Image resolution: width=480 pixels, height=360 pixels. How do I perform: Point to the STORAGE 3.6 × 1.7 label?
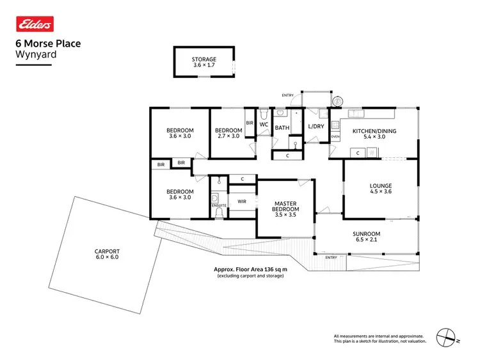204,62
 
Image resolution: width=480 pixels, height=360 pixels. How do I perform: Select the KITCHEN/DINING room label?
371,133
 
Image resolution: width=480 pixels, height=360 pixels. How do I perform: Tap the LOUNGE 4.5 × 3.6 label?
381,190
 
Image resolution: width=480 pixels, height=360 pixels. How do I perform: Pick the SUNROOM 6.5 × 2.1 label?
366,237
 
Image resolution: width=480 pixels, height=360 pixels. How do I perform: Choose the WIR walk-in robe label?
241,201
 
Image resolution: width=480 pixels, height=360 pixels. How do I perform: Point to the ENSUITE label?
218,205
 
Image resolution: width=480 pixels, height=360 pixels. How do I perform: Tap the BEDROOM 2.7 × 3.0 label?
228,133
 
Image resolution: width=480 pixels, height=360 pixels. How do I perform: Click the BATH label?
282,128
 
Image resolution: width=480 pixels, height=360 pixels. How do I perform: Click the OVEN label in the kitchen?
335,137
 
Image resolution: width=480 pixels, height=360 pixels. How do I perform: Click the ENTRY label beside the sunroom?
331,257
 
